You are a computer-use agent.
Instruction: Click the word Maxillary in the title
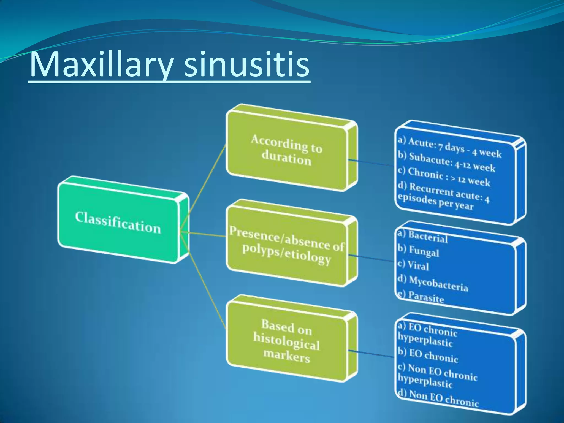click(101, 65)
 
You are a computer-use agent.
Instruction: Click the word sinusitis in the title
click(246, 65)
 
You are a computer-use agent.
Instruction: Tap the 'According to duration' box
click(286, 150)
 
